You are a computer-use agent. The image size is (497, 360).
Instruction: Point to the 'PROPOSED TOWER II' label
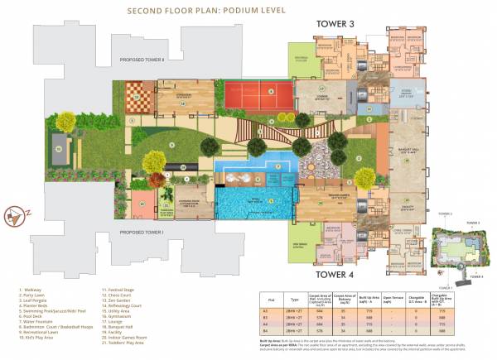tap(142, 60)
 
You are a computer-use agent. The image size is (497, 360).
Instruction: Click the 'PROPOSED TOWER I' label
tap(142, 233)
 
